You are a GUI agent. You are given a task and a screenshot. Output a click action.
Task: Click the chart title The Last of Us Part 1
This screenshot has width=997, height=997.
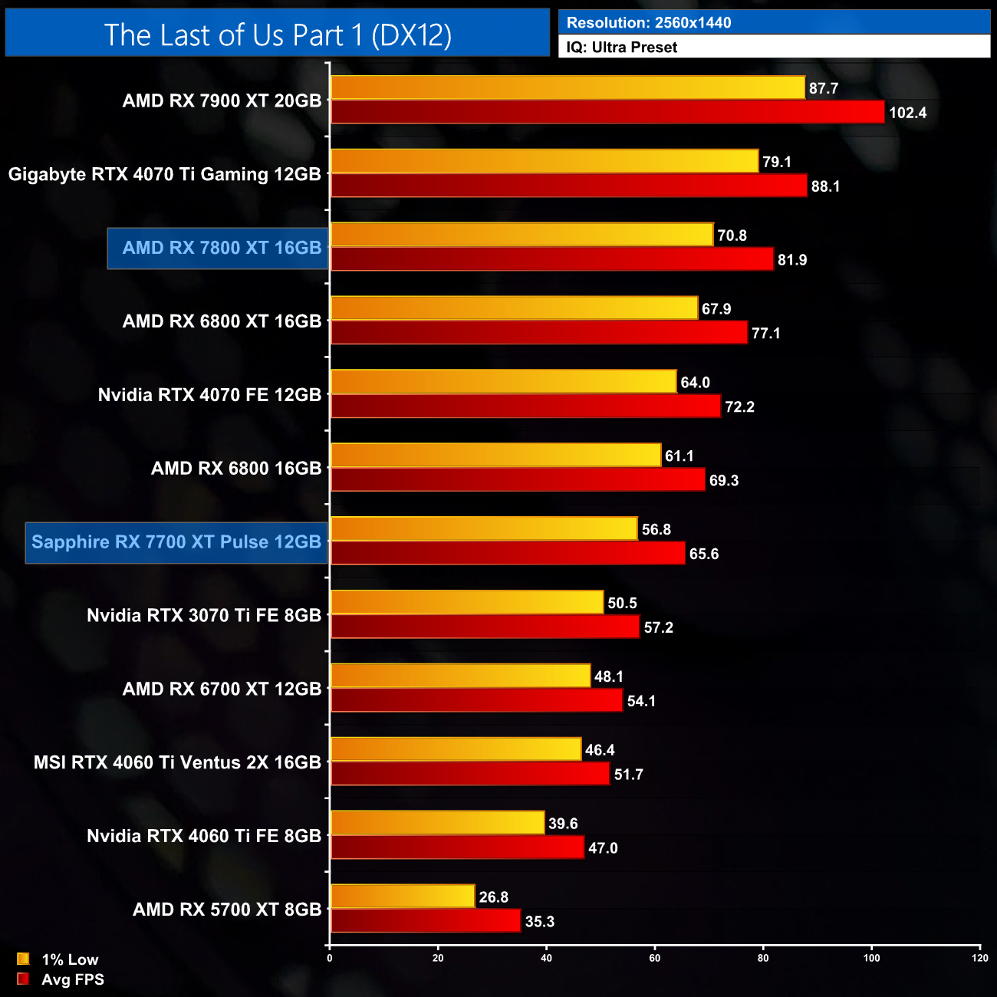point(278,35)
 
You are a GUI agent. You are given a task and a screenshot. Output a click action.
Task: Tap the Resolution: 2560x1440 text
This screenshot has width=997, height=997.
point(648,22)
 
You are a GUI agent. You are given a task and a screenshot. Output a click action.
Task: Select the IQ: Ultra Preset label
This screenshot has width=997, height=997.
point(621,48)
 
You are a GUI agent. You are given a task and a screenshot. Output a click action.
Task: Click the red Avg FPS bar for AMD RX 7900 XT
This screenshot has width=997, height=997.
point(607,112)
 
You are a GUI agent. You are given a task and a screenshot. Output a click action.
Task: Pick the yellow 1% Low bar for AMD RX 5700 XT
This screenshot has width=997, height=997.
point(403,897)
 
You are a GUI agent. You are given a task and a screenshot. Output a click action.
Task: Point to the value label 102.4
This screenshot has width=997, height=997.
point(907,113)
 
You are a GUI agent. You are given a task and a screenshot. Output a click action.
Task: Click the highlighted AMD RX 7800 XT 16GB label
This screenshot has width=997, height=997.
point(222,248)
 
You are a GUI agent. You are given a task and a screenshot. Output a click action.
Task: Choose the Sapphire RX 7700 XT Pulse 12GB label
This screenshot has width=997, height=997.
point(176,542)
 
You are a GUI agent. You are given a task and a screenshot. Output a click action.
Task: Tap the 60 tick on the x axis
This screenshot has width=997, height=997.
point(655,958)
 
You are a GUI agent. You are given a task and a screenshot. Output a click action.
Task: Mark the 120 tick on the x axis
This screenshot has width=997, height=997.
point(979,958)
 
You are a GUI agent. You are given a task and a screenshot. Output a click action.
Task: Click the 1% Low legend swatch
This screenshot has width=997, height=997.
point(23,959)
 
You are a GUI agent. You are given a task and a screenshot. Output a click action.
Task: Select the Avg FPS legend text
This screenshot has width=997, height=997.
point(73,979)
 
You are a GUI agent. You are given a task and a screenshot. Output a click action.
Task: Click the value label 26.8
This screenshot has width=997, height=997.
point(493,897)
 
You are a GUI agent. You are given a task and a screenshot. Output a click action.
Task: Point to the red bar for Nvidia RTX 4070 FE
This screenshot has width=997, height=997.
point(525,406)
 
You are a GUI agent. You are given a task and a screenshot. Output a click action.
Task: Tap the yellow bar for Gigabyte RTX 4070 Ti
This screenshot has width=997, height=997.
point(544,161)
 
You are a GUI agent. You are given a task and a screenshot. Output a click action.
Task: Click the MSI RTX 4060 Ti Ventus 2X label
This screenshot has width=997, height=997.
point(177,762)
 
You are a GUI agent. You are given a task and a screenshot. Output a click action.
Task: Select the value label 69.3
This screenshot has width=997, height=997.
point(723,481)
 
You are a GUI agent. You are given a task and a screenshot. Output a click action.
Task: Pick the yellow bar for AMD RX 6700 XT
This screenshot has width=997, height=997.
point(460,676)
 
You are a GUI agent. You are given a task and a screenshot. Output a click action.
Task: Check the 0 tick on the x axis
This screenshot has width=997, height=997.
point(330,958)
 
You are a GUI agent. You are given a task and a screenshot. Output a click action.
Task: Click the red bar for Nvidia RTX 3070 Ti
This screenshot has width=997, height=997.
point(485,627)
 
